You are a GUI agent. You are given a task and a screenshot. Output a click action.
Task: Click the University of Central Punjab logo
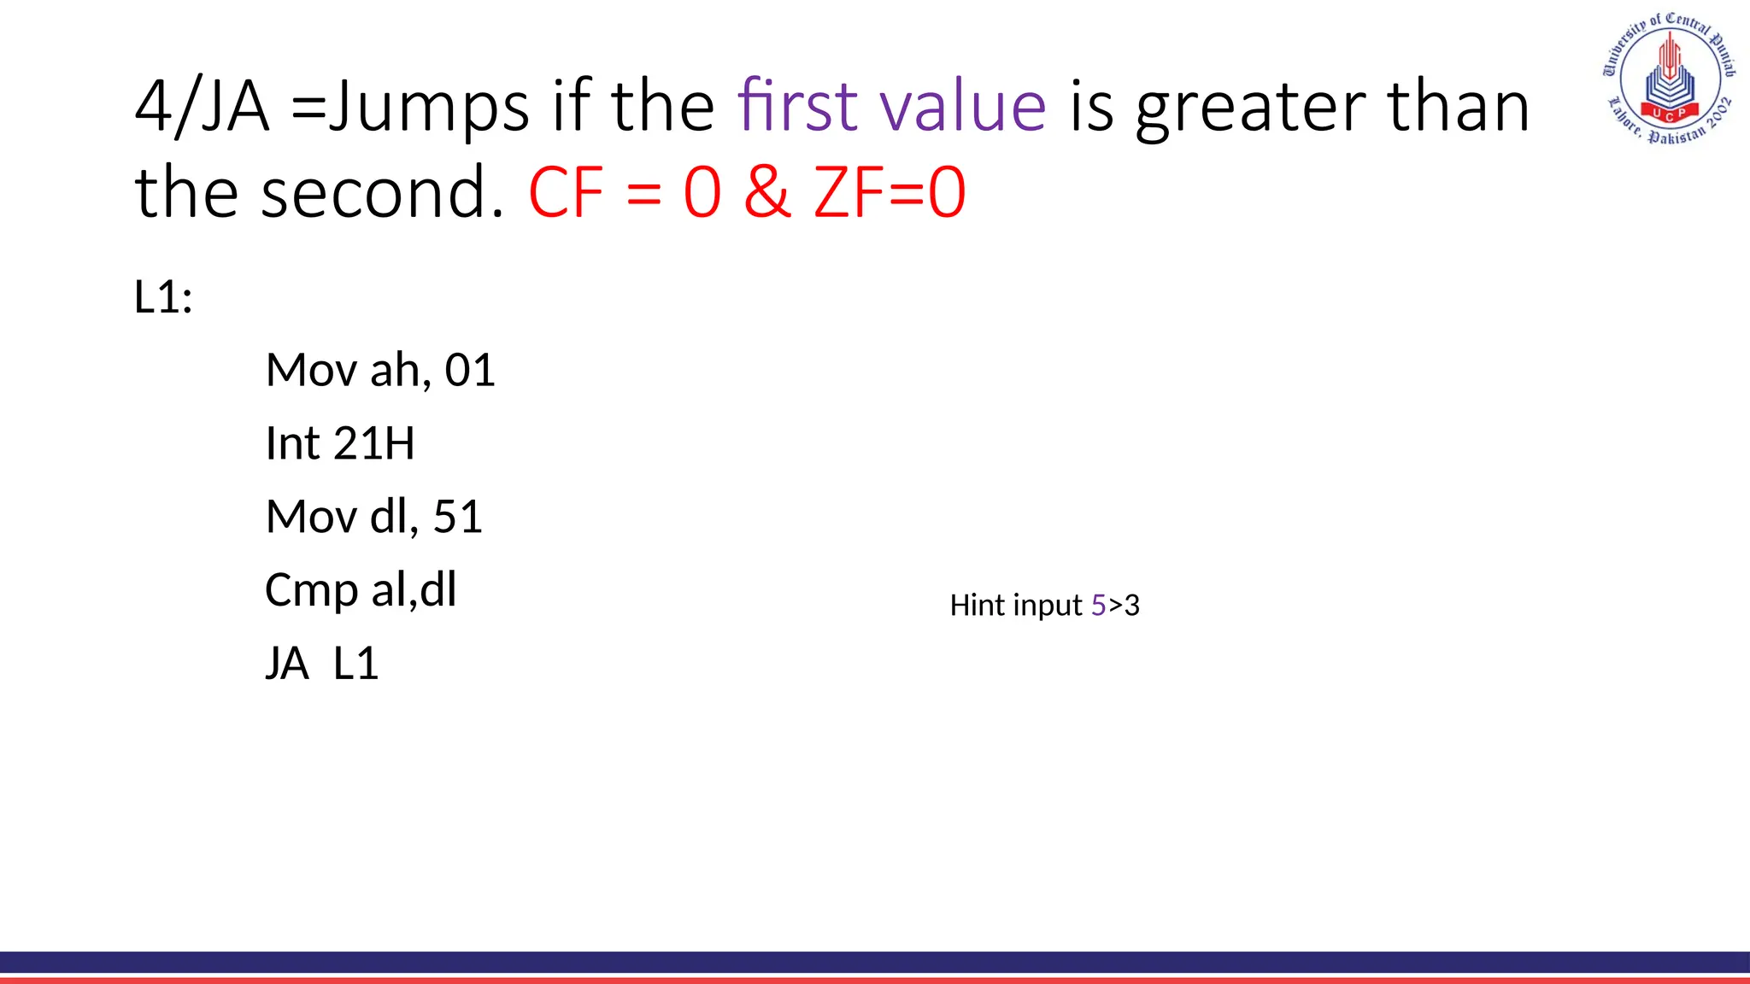point(1669,79)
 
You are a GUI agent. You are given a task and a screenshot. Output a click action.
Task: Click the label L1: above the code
point(163,298)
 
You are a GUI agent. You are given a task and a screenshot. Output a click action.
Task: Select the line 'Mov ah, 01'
point(380,371)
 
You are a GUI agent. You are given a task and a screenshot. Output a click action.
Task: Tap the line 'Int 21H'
point(339,444)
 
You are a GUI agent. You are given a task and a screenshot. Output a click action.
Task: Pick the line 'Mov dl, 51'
point(374,518)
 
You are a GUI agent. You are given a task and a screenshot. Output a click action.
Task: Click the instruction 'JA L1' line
point(321,664)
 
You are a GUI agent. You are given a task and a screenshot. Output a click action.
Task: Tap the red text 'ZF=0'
point(890,192)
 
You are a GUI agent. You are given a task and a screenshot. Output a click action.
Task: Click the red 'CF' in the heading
point(566,192)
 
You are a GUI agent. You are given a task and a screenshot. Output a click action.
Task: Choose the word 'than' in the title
point(1458,106)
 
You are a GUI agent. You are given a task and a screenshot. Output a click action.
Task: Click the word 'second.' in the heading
point(382,192)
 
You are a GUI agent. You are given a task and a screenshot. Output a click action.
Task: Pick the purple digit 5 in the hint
point(1099,606)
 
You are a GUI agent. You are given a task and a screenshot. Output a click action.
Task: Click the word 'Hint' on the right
point(978,606)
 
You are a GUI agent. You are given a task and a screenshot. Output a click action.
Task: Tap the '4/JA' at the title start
point(203,108)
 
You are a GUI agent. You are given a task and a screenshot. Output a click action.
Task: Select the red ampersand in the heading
point(766,192)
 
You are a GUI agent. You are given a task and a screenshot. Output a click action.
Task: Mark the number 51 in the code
point(458,518)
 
